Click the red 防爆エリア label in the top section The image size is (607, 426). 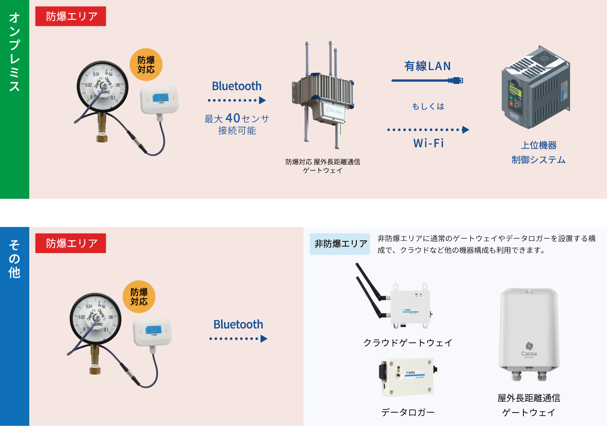[71, 16]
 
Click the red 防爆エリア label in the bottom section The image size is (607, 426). [71, 244]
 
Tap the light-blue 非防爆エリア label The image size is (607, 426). [340, 244]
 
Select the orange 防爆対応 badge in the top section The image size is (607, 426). [146, 65]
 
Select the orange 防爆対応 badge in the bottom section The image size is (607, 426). [139, 297]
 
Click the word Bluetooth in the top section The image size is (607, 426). [237, 86]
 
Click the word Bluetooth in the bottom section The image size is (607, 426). [238, 325]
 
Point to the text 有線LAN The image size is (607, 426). [428, 66]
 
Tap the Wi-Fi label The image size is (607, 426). [428, 143]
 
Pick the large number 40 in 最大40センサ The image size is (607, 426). [233, 118]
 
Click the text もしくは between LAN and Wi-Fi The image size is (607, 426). [428, 107]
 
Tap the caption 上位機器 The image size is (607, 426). [538, 145]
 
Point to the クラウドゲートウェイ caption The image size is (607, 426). [408, 343]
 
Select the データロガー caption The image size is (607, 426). [408, 412]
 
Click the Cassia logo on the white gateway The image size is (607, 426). [529, 348]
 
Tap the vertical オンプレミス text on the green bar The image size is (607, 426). [14, 52]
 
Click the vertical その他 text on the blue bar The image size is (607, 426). [14, 259]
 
